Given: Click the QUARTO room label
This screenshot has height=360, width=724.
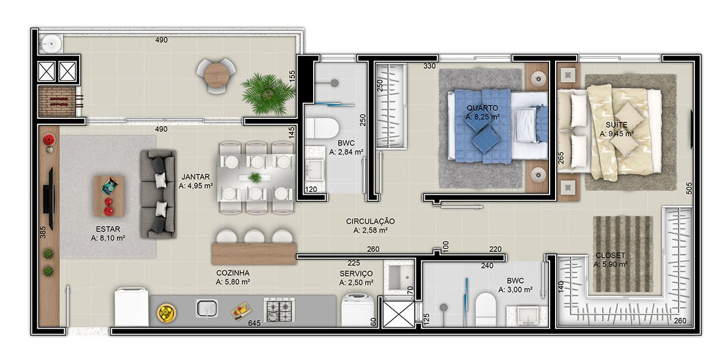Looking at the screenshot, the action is click(482, 107).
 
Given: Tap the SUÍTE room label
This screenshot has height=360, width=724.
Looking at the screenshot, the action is click(617, 124).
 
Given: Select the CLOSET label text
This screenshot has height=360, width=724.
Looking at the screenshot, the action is click(610, 255).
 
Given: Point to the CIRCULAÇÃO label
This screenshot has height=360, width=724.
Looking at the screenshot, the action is click(370, 221).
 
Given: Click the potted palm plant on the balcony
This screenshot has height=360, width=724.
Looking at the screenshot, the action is click(268, 93).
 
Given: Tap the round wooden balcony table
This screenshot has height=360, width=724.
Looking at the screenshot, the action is click(216, 75).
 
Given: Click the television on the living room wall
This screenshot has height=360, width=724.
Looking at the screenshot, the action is click(49, 198).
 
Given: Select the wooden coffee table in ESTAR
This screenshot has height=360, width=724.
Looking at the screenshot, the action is click(109, 196).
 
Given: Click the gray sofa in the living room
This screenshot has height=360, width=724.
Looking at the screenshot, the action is click(158, 194).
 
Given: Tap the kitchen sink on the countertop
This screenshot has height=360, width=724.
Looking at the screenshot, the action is click(207, 309).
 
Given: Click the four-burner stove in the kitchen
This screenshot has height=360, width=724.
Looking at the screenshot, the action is click(279, 310).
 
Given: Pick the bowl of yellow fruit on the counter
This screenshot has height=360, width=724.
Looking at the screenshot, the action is click(167, 313).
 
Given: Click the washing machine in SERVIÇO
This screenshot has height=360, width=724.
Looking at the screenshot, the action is click(358, 309).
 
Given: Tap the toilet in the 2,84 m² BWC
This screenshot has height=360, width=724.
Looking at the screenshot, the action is click(322, 128).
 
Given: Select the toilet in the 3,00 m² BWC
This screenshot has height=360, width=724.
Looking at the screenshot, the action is click(486, 309).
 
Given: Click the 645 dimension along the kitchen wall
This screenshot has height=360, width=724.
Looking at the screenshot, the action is click(255, 323).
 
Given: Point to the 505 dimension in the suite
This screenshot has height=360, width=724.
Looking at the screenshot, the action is click(688, 188).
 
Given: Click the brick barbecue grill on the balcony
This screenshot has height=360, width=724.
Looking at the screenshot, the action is click(57, 101).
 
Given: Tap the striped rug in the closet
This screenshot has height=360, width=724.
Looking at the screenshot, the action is click(623, 254).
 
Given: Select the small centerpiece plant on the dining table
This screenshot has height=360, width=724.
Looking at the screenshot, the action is click(255, 177).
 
